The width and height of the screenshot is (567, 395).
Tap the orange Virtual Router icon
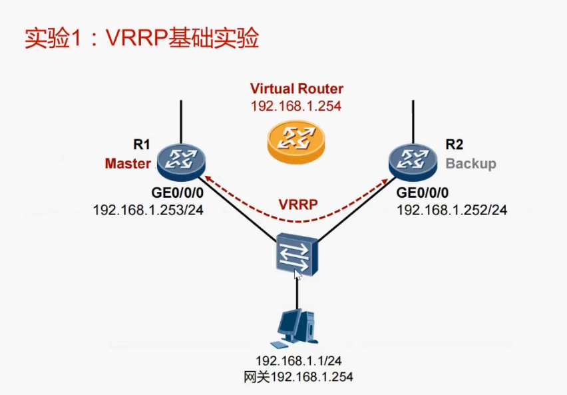pos(296,139)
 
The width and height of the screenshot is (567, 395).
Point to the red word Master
pos(128,163)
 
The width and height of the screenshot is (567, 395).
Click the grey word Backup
pos(471,163)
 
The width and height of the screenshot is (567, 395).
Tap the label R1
pos(142,144)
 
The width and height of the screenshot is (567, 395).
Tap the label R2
pos(455,144)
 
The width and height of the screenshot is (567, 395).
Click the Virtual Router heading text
pos(297,89)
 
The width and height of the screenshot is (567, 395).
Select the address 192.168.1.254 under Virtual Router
pos(296,106)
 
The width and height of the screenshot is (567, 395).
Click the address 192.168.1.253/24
pos(148,210)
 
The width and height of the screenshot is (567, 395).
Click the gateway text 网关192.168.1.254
pos(297,377)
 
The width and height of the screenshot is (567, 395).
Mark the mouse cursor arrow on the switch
pos(297,274)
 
